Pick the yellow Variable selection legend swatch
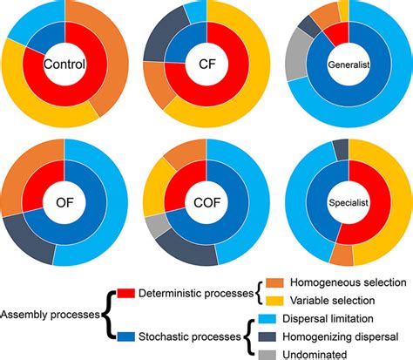tap(273, 301)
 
